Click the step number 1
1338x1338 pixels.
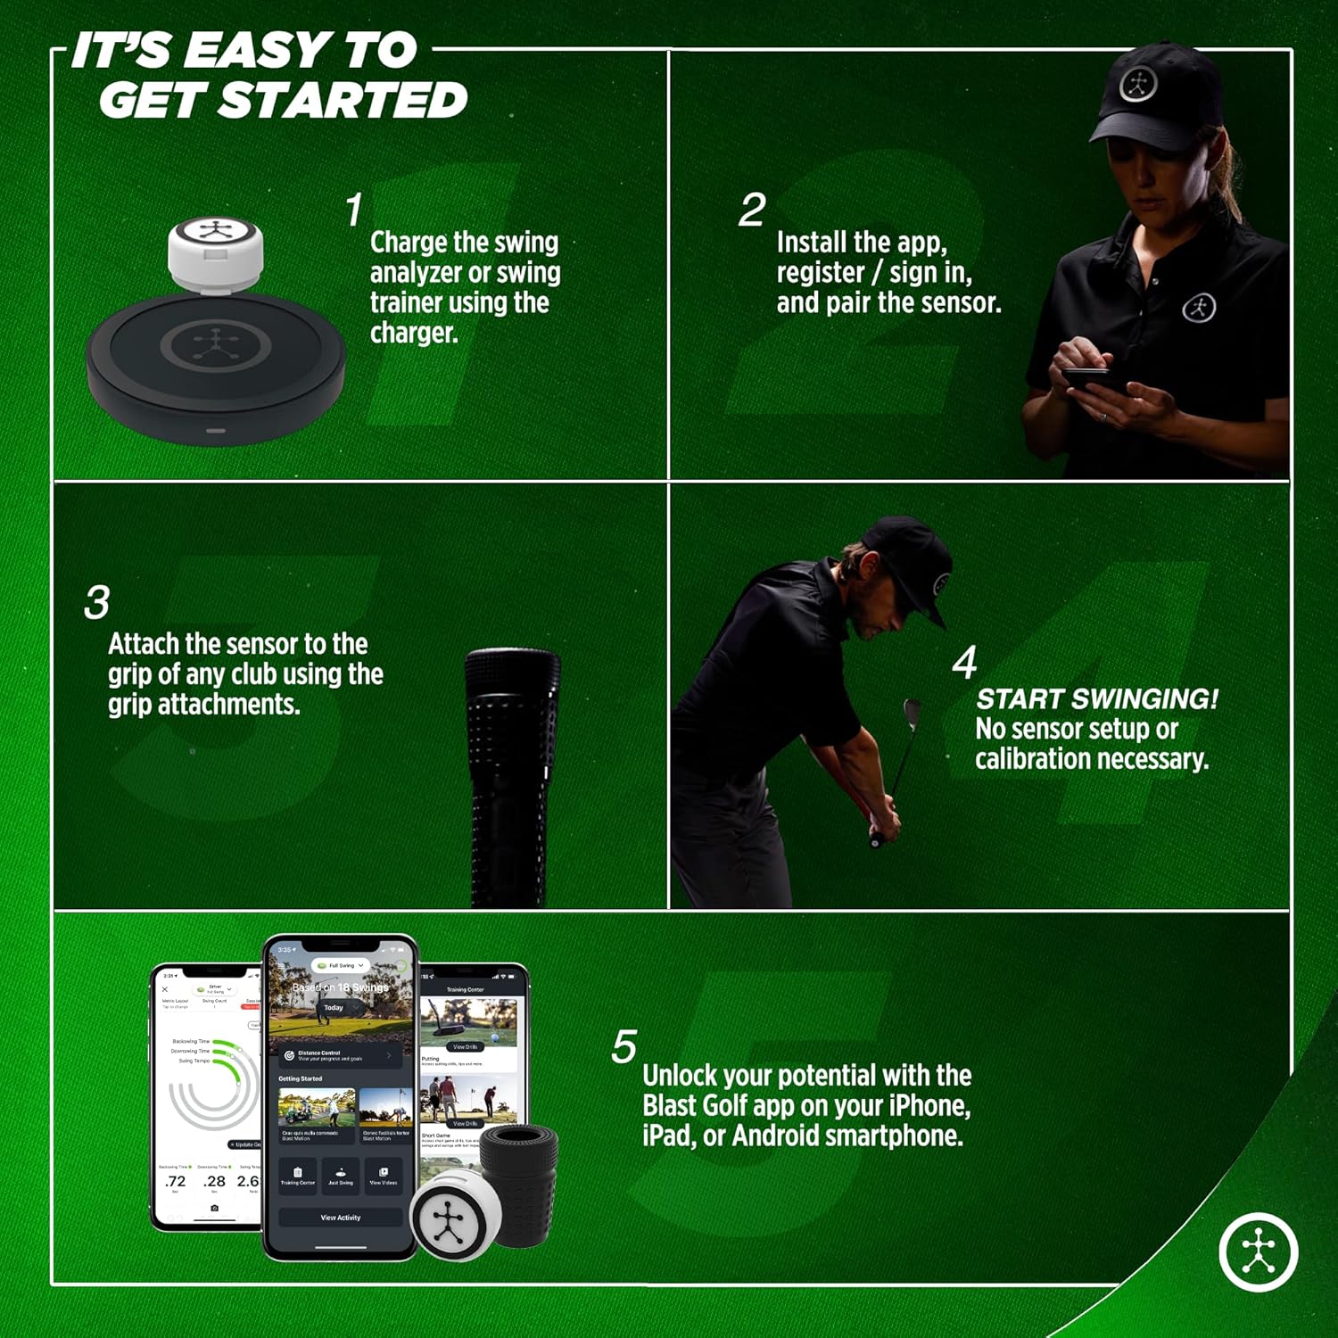click(354, 211)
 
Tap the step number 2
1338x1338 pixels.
click(752, 211)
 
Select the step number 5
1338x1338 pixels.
click(624, 1046)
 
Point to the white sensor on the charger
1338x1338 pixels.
click(215, 252)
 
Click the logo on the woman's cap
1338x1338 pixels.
click(1138, 85)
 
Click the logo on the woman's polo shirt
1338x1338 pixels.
click(1199, 308)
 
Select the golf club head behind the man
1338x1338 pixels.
click(913, 711)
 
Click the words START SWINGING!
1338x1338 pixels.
click(1096, 698)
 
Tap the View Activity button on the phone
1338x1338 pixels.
click(341, 1218)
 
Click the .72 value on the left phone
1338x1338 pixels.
click(176, 1181)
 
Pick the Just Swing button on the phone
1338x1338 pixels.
click(341, 1174)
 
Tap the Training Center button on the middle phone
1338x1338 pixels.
click(298, 1174)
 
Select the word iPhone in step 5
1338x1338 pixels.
click(929, 1106)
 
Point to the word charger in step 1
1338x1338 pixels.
click(414, 333)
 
